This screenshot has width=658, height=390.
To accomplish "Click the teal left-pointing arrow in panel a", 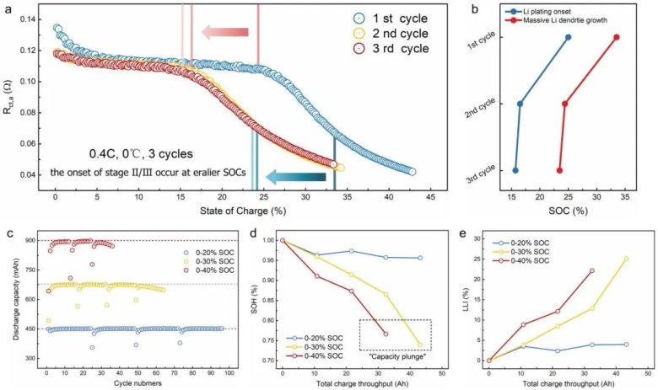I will coord(296,176).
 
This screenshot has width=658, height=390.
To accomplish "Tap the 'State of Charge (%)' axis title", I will coord(224,211).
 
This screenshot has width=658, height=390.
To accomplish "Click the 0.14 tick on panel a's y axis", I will coord(34,19).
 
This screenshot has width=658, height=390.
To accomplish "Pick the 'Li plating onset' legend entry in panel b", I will coord(544,11).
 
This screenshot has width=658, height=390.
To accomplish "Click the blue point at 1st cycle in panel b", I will coord(568,37).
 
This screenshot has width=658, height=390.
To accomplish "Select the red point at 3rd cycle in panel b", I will coord(559,170).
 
